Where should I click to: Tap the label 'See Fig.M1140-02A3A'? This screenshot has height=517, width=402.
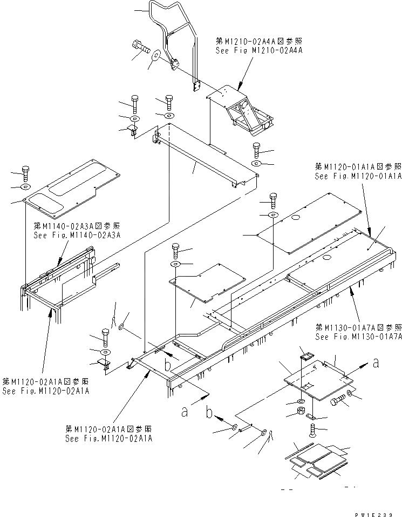click(77, 234)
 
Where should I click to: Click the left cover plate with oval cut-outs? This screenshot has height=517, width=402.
click(73, 186)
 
